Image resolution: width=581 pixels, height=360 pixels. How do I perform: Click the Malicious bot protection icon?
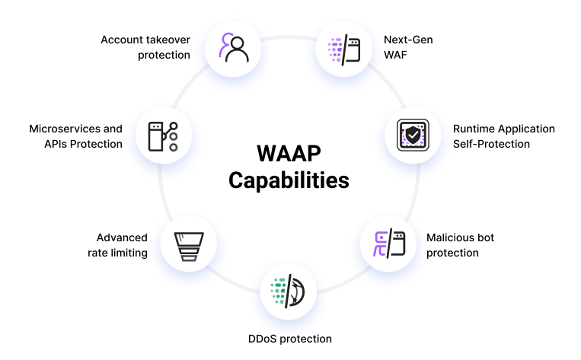click(388, 244)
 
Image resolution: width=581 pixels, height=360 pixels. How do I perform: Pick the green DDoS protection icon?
click(289, 291)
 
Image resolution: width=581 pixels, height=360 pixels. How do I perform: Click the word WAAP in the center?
click(289, 153)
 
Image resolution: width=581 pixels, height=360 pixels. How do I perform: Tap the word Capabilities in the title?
click(289, 180)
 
